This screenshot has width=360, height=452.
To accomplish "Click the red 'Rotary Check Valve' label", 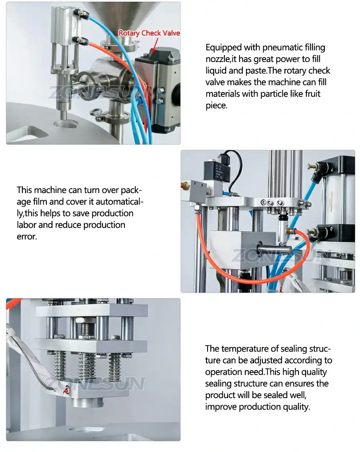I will [x=149, y=33].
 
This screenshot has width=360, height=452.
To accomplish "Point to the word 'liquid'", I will [x=218, y=71].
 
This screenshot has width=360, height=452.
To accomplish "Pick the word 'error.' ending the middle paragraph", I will [x=26, y=236].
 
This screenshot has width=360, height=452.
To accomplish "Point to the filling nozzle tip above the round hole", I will [x=63, y=114].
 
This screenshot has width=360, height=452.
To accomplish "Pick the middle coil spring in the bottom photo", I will [x=87, y=366].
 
